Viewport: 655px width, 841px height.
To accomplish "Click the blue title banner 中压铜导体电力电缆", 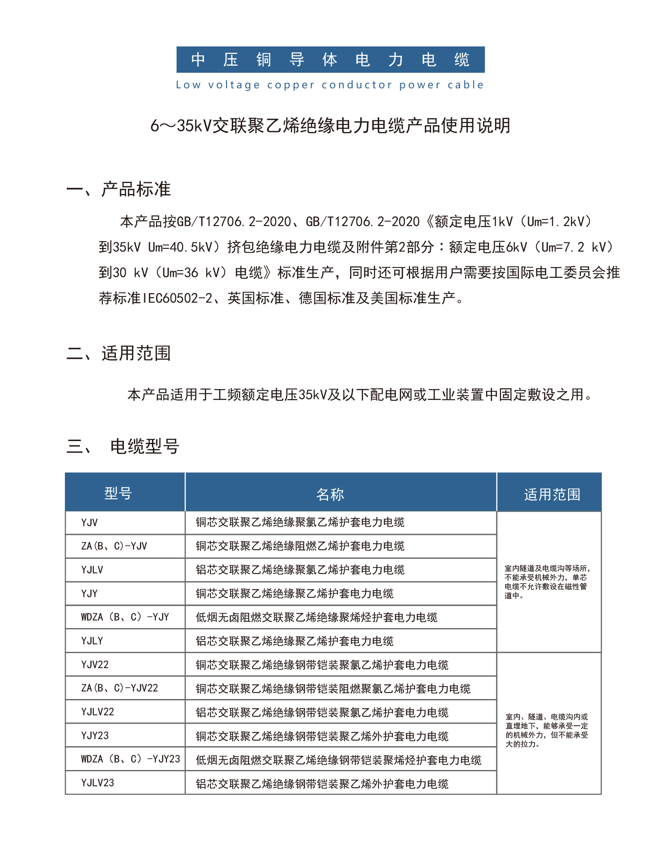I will point(330,60).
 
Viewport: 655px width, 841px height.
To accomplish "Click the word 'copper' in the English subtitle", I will point(291,85).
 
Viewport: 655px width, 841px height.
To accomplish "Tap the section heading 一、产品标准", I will point(119,190).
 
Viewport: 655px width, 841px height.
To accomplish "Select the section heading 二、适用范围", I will point(119,353).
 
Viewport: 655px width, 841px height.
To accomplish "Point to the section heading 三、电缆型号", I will point(123,446).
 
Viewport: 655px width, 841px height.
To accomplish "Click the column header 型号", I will point(118,493).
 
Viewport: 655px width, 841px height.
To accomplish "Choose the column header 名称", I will point(330,494).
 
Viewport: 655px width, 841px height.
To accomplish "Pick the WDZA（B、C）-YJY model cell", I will point(125,617).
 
